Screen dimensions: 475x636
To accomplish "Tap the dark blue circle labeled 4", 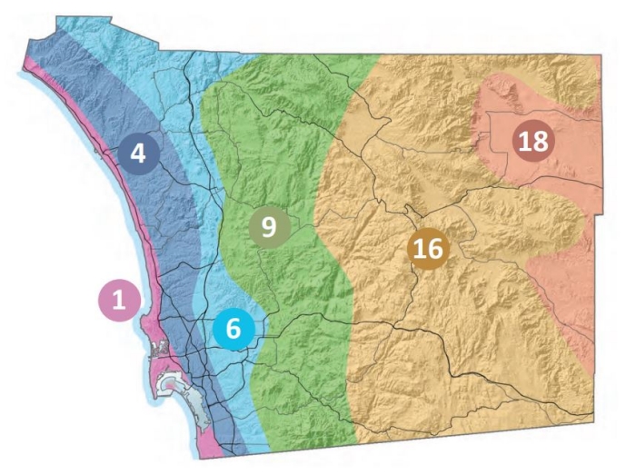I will pos(137,153).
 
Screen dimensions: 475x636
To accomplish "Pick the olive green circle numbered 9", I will pos(269,225).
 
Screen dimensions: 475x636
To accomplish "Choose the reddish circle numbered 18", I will pos(533,141).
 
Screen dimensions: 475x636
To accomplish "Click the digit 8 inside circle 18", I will pos(541,141).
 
